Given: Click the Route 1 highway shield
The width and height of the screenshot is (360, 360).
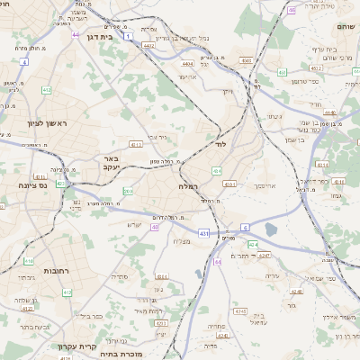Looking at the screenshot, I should point(129,36).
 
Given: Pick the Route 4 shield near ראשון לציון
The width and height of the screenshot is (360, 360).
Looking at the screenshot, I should point(24,63).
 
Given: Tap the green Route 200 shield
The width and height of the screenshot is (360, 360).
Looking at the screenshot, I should point(128,191).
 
